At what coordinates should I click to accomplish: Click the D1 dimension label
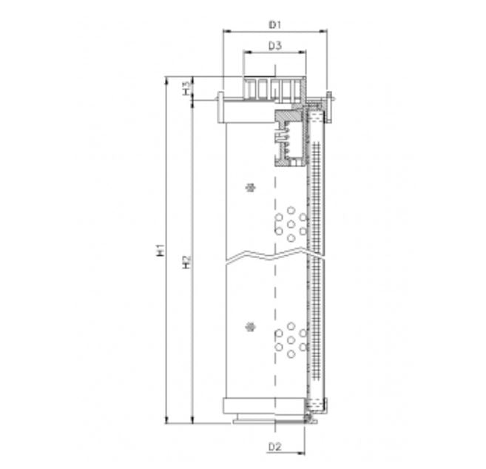(x=275, y=24)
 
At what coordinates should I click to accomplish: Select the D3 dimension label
(x=275, y=46)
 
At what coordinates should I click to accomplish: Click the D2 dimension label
(x=275, y=447)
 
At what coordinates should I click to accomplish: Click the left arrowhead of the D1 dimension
(x=226, y=32)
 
